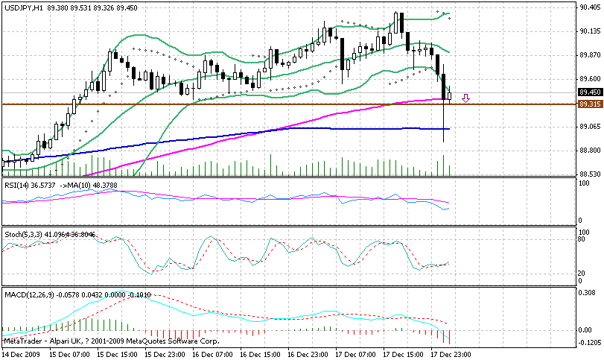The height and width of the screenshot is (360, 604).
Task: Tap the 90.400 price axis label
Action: point(589,7)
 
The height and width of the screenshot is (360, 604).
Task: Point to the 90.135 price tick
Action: point(589,31)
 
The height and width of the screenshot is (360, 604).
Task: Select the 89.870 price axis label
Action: point(589,55)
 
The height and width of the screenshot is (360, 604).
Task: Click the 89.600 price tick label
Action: point(589,79)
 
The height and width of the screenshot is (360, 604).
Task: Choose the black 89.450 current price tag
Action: point(589,92)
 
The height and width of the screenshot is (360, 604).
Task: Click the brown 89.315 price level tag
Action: point(589,104)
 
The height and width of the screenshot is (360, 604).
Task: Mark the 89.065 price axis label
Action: point(589,127)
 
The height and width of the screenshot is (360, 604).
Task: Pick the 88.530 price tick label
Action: point(589,174)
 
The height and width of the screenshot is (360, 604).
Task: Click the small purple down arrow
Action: point(465,98)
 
